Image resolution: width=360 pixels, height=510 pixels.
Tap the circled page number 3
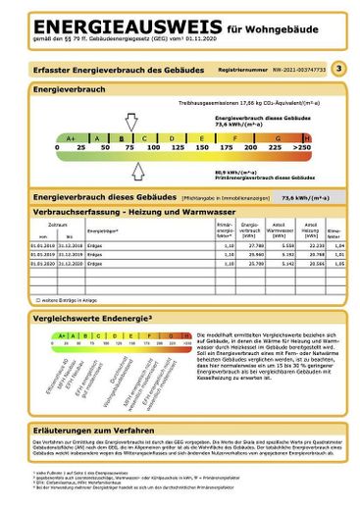[x=338, y=69]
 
